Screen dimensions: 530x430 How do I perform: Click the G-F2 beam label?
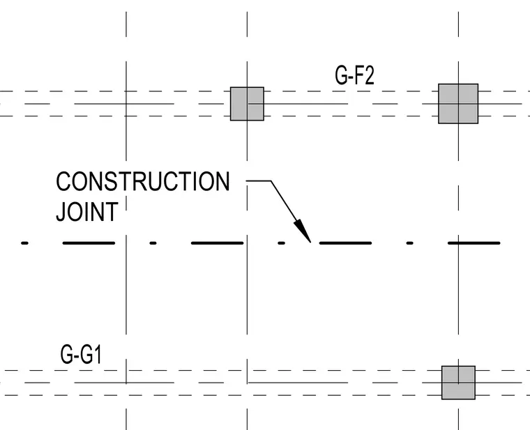click(354, 75)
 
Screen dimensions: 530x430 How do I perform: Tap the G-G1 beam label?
click(81, 354)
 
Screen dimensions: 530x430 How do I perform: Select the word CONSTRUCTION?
click(143, 182)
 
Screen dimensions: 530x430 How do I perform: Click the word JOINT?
click(87, 211)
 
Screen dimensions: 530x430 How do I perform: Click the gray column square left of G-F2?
click(247, 104)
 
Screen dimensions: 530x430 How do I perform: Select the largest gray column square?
click(458, 104)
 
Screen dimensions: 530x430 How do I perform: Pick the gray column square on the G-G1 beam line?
click(458, 383)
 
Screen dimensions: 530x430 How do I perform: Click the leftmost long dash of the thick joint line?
click(89, 243)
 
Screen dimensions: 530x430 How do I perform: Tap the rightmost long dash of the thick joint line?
click(474, 243)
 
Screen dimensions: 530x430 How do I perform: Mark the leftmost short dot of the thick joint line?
click(24, 243)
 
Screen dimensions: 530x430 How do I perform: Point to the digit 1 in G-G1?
click(98, 354)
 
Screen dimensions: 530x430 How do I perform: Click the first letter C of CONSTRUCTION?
click(63, 182)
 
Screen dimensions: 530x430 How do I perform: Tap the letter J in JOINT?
click(61, 211)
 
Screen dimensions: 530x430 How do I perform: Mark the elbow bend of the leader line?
click(271, 181)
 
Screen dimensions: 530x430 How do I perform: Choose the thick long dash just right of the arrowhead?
click(345, 243)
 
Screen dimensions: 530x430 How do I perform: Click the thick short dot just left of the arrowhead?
click(282, 243)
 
